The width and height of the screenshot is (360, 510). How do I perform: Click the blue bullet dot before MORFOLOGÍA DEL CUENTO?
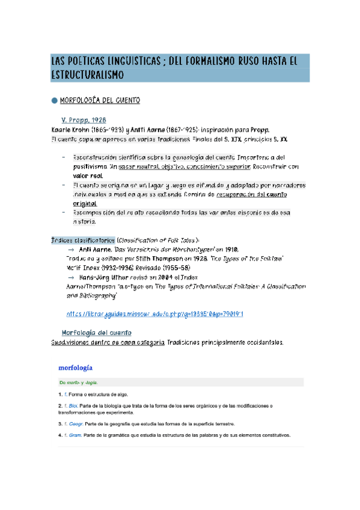54,100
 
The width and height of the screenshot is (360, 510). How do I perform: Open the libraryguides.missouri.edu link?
154,313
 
